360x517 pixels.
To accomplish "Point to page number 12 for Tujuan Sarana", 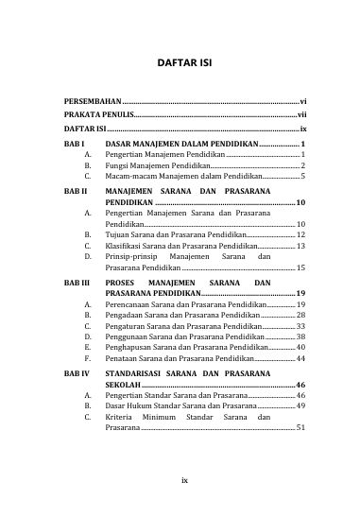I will pyautogui.click(x=300, y=233).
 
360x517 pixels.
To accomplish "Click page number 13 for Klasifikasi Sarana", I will pyautogui.click(x=300, y=245).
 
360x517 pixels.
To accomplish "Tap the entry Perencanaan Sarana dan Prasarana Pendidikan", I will pyautogui.click(x=186, y=305).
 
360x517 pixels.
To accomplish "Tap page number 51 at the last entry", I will pyautogui.click(x=300, y=428).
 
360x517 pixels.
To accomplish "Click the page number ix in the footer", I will pyautogui.click(x=185, y=479).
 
